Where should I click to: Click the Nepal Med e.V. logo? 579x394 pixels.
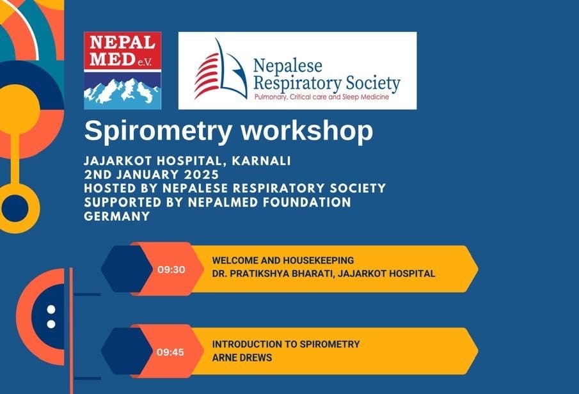122,70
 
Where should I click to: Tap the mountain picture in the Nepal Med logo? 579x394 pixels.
122,91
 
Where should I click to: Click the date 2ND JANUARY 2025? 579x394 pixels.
152,174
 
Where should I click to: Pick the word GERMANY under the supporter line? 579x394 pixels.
117,216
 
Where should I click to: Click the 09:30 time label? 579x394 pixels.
171,269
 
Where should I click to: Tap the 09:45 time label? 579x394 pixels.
171,352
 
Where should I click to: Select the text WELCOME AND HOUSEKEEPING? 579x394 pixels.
283,261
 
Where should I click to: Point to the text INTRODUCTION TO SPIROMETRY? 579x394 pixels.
286,344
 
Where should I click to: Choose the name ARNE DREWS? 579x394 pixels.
242,358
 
